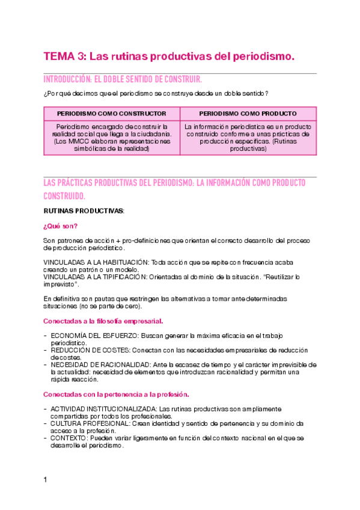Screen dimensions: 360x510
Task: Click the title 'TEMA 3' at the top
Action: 64,57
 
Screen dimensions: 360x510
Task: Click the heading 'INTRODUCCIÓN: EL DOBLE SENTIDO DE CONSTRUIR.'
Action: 123,79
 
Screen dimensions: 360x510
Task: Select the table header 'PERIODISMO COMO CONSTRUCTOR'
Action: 112,113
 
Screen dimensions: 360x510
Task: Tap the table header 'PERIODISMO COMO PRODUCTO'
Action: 248,113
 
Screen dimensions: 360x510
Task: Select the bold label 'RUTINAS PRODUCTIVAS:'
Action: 84,211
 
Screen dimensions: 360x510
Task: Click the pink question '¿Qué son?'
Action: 60,226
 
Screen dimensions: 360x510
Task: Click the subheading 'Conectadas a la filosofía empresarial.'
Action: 103,321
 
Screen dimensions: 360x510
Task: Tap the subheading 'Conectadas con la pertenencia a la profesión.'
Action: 116,394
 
